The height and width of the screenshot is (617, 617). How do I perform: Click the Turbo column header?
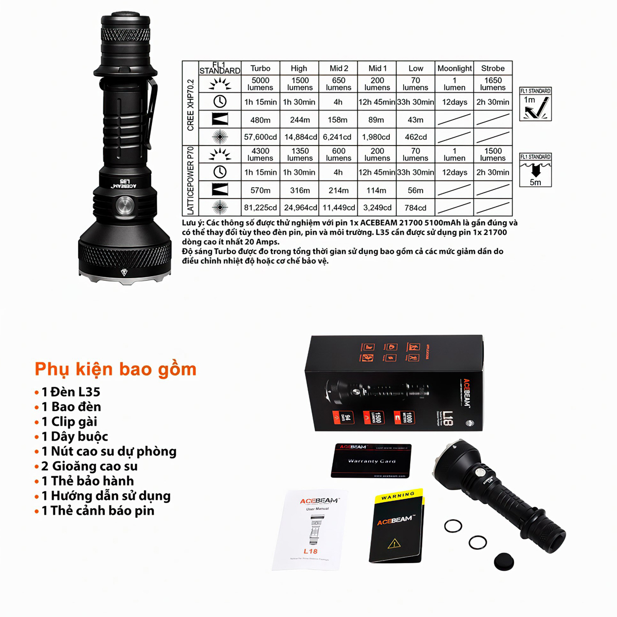pyautogui.click(x=260, y=68)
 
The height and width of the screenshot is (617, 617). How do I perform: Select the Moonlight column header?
pyautogui.click(x=455, y=68)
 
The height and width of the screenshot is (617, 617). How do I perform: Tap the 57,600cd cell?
pyautogui.click(x=260, y=137)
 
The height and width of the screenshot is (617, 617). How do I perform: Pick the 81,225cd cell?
pyautogui.click(x=260, y=208)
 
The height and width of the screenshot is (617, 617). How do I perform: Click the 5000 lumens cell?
pyautogui.click(x=260, y=84)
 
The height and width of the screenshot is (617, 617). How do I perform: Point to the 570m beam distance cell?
pyautogui.click(x=260, y=190)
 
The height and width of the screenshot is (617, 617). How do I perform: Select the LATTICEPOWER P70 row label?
pyautogui.click(x=190, y=180)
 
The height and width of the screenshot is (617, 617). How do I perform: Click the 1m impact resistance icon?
pyautogui.click(x=535, y=104)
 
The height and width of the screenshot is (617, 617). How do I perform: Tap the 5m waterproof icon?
pyautogui.click(x=535, y=170)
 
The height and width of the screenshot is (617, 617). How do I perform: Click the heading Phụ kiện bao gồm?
pyautogui.click(x=116, y=369)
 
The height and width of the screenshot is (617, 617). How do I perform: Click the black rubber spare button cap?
pyautogui.click(x=504, y=561)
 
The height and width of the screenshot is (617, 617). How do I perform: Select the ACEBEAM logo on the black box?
pyautogui.click(x=467, y=393)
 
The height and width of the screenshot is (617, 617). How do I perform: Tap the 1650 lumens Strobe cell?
pyautogui.click(x=493, y=84)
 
